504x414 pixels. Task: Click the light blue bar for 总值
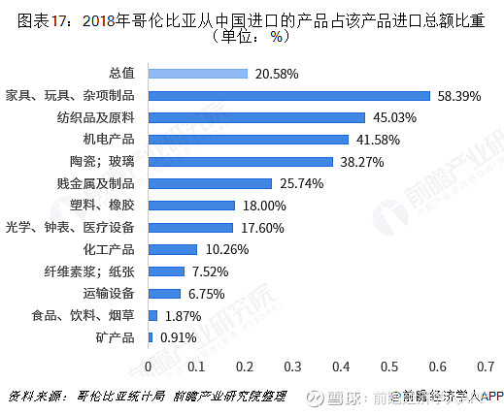pyautogui.click(x=198, y=73)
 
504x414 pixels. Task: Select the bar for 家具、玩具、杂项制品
pyautogui.click(x=288, y=95)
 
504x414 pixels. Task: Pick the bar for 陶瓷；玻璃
pyautogui.click(x=240, y=161)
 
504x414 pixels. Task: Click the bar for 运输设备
pyautogui.click(x=164, y=293)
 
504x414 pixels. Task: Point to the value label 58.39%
pyautogui.click(x=458, y=95)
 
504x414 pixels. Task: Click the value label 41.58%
pyautogui.click(x=376, y=140)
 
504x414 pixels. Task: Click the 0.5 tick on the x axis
pyautogui.click(x=389, y=367)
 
